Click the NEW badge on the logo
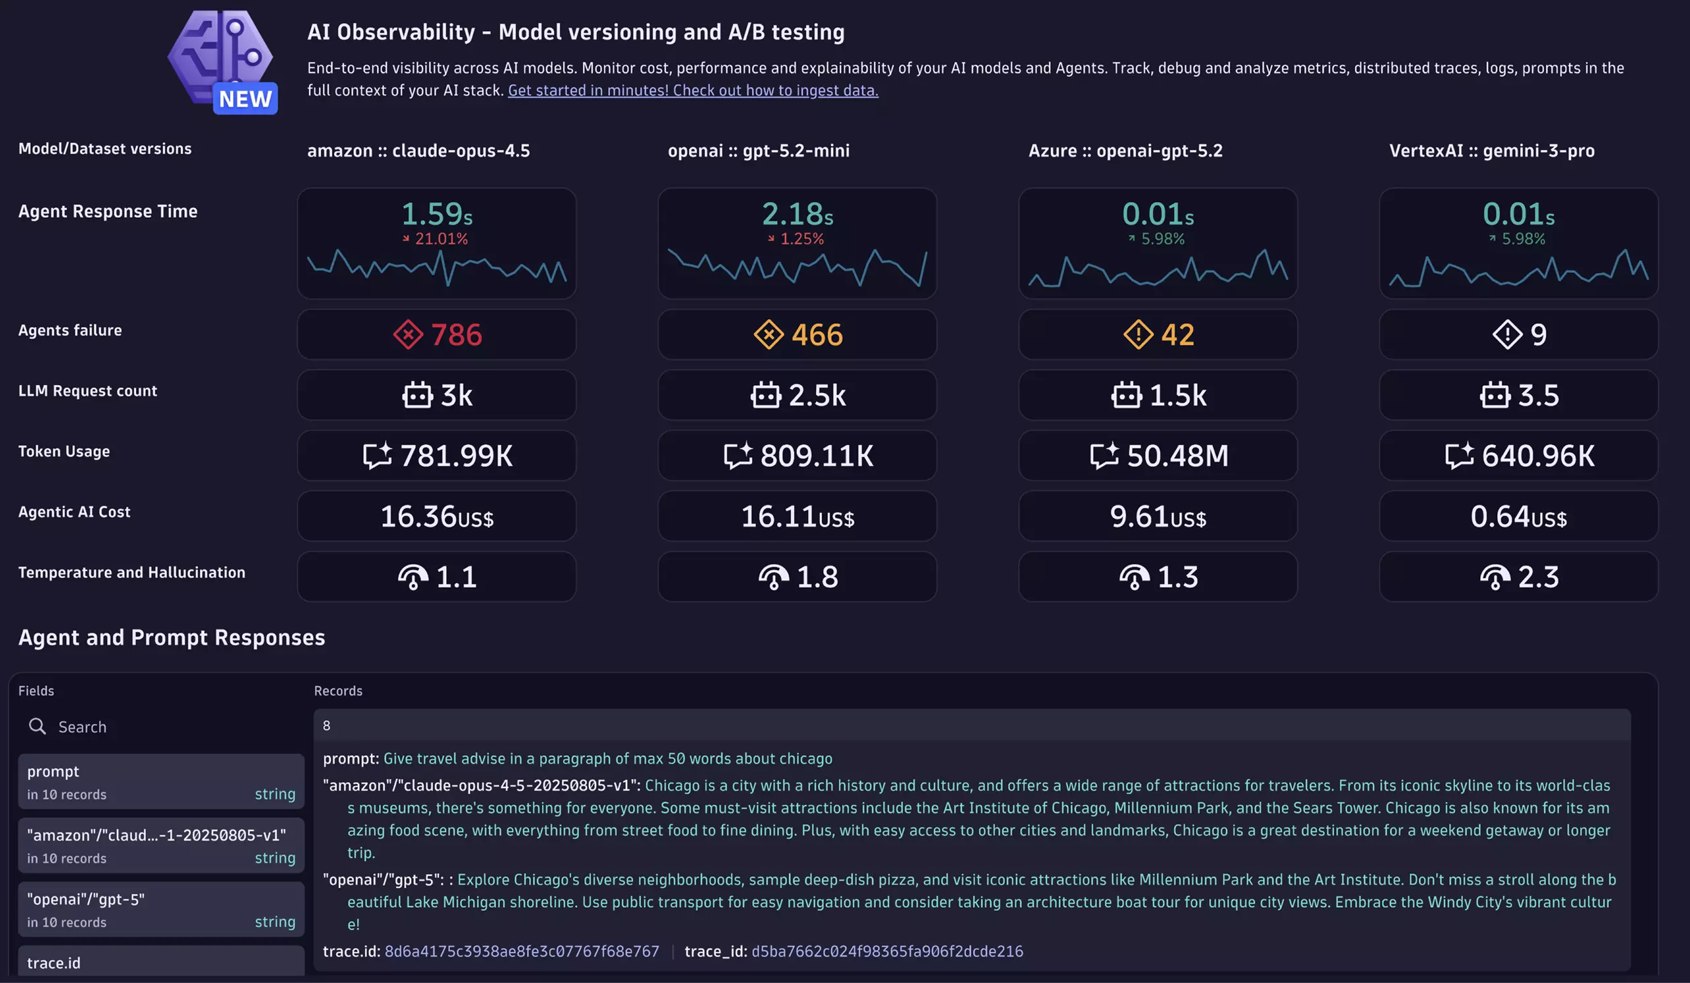pyautogui.click(x=245, y=98)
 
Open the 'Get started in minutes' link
pyautogui.click(x=693, y=90)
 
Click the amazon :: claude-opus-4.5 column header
pyautogui.click(x=418, y=151)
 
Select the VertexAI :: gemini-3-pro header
pyautogui.click(x=1491, y=151)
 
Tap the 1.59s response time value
pyautogui.click(x=436, y=214)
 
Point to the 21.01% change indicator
pyautogui.click(x=436, y=239)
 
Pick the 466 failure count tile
pyautogui.click(x=797, y=334)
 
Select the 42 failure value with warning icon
pyautogui.click(x=1158, y=334)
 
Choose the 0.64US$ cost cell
pyautogui.click(x=1518, y=516)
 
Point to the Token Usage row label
pyautogui.click(x=64, y=451)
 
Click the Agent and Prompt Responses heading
pyautogui.click(x=172, y=637)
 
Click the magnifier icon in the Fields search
pyautogui.click(x=38, y=726)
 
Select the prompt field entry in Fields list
pyautogui.click(x=161, y=781)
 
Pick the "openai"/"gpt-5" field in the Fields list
pyautogui.click(x=161, y=909)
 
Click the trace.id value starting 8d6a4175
pyautogui.click(x=522, y=951)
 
